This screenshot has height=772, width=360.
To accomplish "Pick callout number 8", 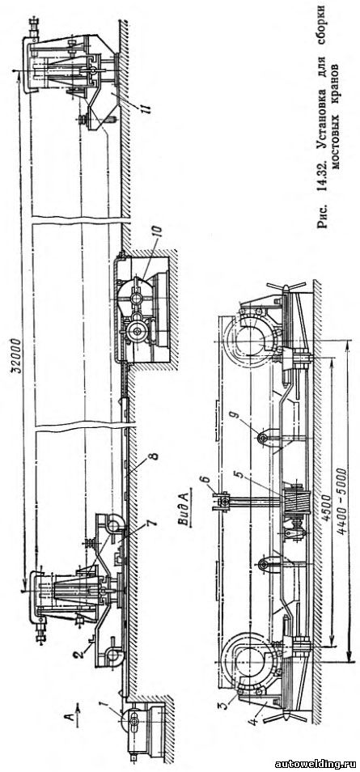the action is (x=155, y=456).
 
